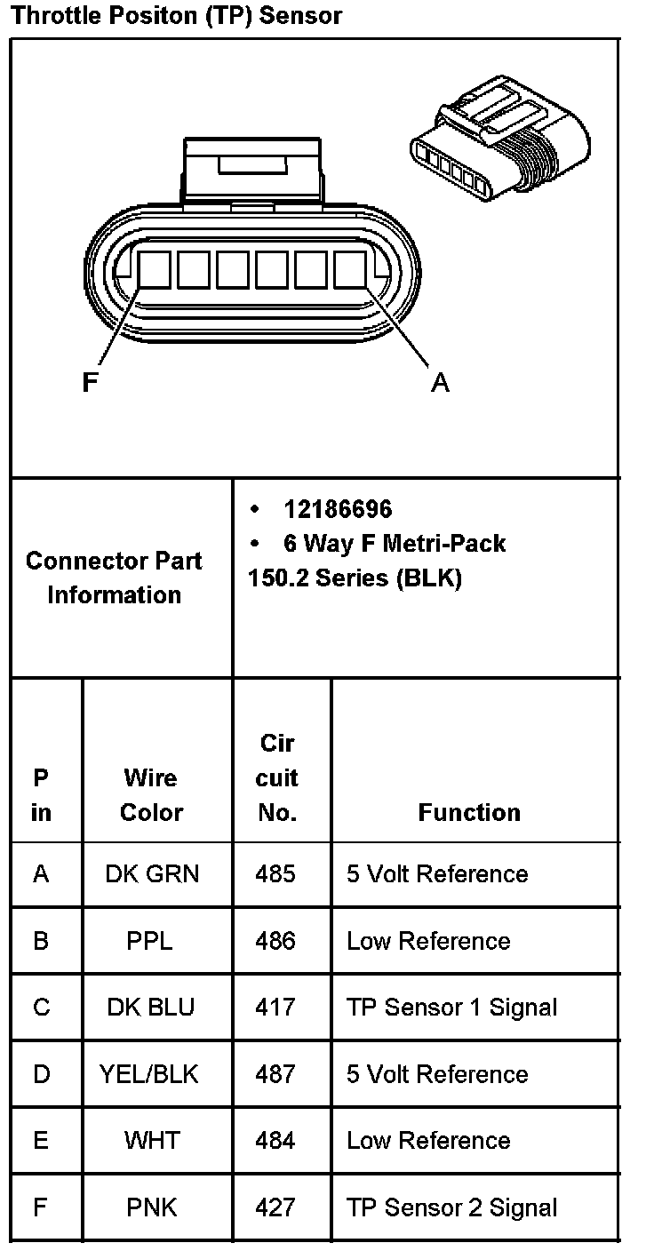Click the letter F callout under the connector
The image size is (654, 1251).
click(90, 383)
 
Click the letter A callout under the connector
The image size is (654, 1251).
click(440, 383)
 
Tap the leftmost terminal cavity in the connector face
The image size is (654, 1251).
click(154, 270)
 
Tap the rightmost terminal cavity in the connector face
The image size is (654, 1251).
click(350, 270)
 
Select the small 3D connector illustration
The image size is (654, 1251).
click(500, 138)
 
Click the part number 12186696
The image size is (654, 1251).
click(338, 509)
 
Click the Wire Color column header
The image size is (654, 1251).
click(151, 794)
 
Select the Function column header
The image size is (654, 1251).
click(469, 813)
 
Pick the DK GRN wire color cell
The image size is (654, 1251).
click(152, 874)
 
